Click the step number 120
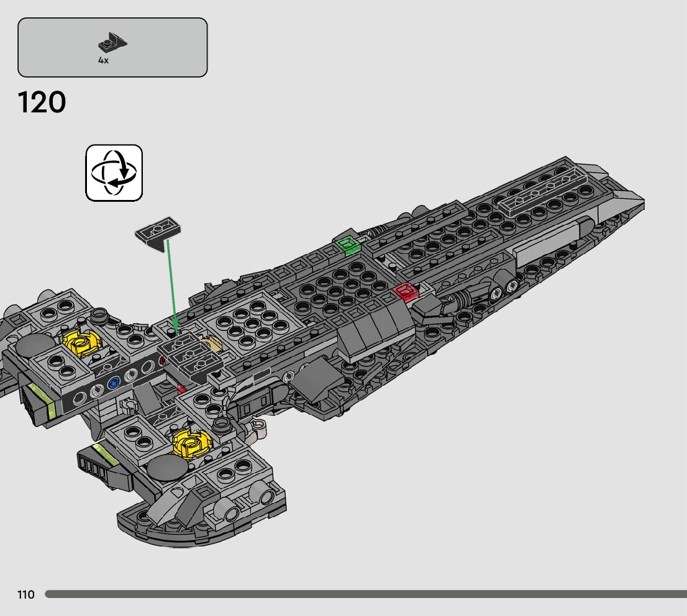tap(42, 102)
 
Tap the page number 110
tap(26, 595)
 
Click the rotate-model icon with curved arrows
tap(114, 173)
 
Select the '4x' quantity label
tap(103, 60)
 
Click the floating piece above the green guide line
tap(159, 232)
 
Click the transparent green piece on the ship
tap(348, 245)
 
